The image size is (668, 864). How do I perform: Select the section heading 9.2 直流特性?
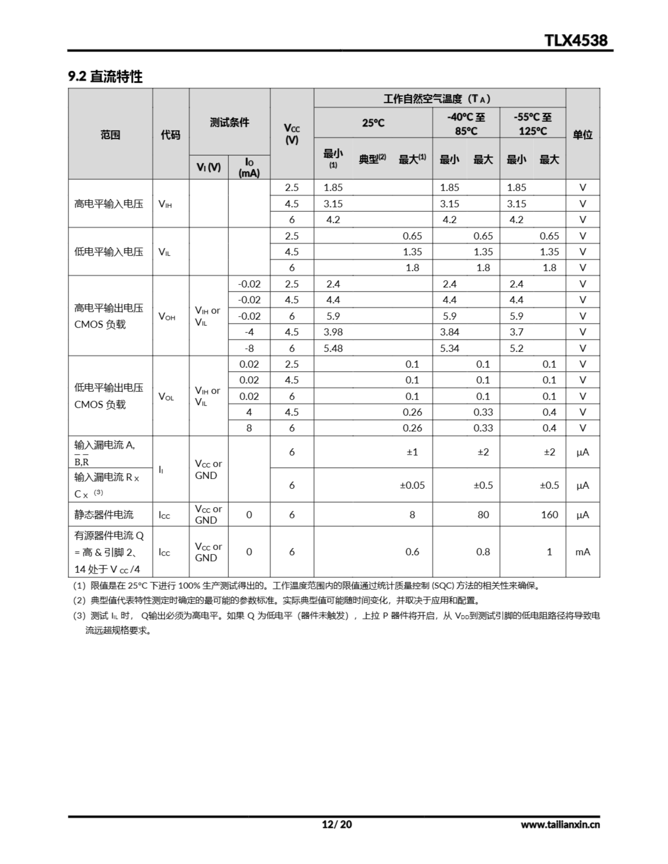(x=105, y=76)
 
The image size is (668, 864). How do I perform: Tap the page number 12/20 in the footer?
(x=337, y=824)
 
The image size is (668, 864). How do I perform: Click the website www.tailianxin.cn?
(x=560, y=825)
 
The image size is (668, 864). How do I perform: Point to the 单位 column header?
(x=583, y=135)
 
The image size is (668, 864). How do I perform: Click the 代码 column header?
(x=171, y=135)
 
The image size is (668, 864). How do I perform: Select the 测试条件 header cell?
(x=230, y=122)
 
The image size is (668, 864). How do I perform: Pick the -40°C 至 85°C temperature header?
(x=466, y=124)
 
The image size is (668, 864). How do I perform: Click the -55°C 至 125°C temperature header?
(x=533, y=124)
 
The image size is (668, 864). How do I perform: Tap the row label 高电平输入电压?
(x=109, y=204)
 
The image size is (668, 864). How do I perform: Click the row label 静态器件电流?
(x=104, y=515)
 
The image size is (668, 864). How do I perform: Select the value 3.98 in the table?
(x=333, y=332)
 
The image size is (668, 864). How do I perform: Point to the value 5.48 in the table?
(x=333, y=348)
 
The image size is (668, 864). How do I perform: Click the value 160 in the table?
(x=549, y=515)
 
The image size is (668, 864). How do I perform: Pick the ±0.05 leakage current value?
(x=412, y=485)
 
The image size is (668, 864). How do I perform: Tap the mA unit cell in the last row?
(x=583, y=552)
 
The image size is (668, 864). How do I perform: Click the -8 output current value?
(x=249, y=348)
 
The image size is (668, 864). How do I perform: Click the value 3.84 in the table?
(x=449, y=332)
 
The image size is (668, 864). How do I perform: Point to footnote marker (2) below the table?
(x=79, y=600)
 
